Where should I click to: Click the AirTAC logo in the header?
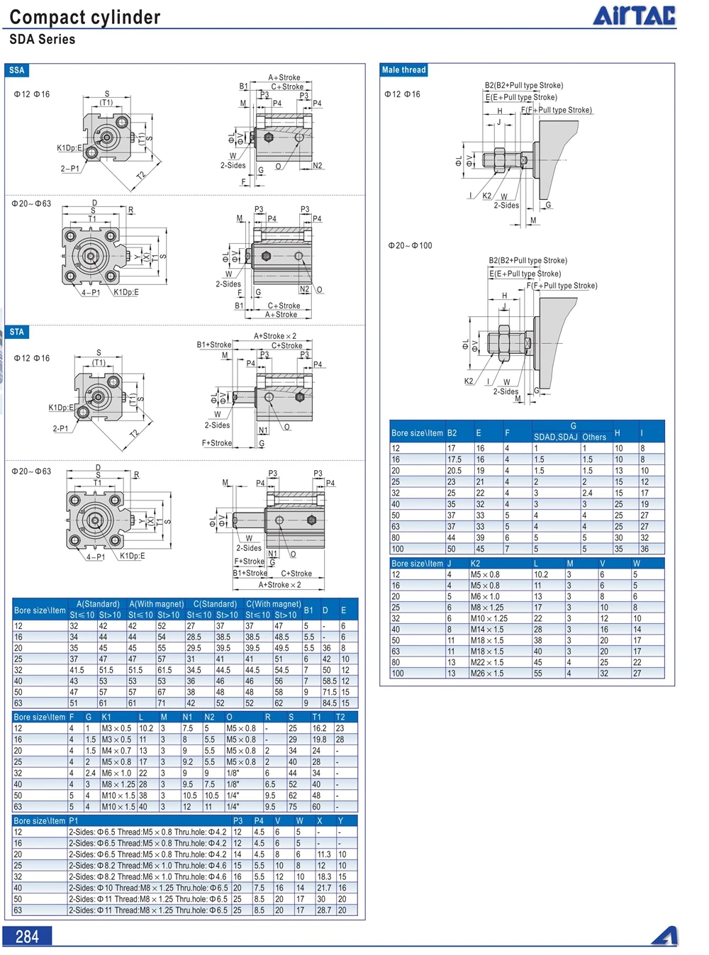click(634, 15)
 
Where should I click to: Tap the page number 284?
click(27, 937)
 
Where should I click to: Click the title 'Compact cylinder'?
click(85, 17)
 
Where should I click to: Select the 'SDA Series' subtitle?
click(43, 39)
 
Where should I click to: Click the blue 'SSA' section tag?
click(17, 70)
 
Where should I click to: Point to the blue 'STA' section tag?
click(17, 332)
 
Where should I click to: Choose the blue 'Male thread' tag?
click(403, 69)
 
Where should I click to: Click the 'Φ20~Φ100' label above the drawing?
click(410, 245)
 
